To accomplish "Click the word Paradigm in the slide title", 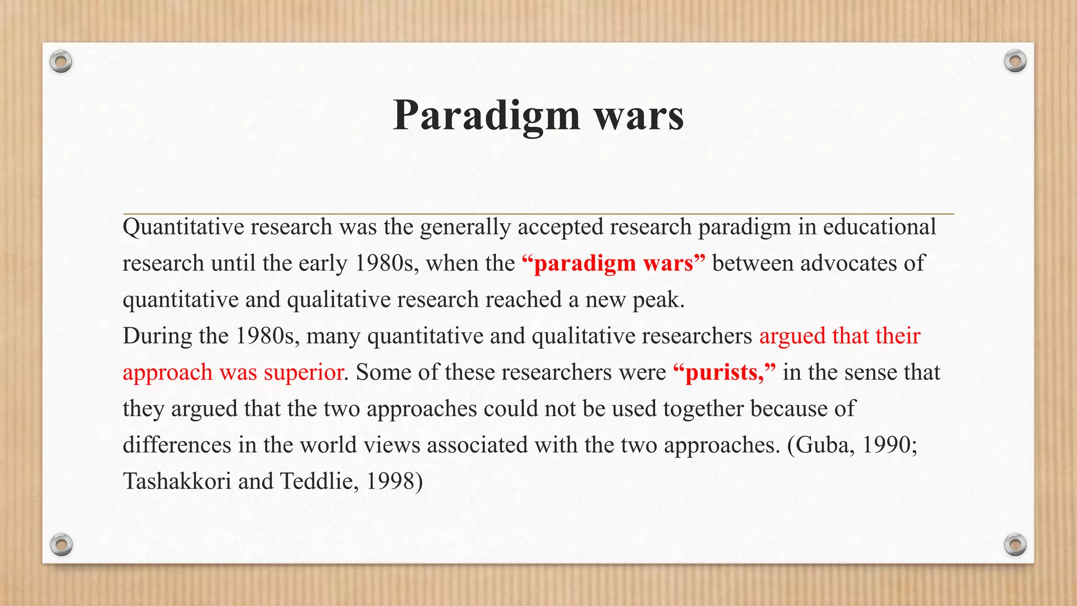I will pyautogui.click(x=486, y=116).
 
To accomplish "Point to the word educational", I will pyautogui.click(x=879, y=227).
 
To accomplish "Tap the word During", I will pyautogui.click(x=157, y=336).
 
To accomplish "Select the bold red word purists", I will pyautogui.click(x=722, y=372).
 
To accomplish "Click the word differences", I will pyautogui.click(x=177, y=445).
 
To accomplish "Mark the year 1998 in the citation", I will pyautogui.click(x=390, y=481).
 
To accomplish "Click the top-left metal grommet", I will pyautogui.click(x=61, y=62).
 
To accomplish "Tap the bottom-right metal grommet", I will pyautogui.click(x=1015, y=544).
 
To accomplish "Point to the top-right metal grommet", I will pyautogui.click(x=1015, y=61).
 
